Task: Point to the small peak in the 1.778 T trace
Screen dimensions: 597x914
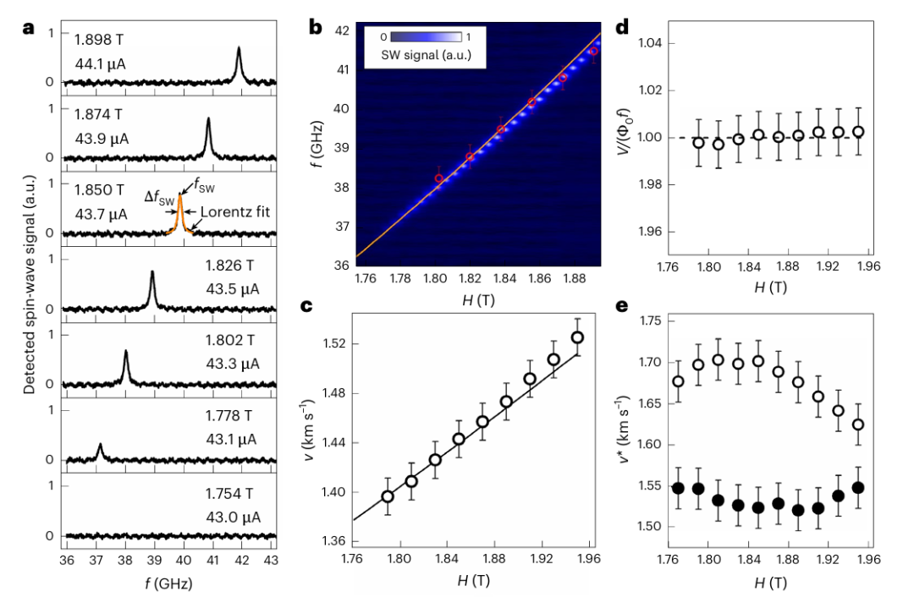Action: (100, 446)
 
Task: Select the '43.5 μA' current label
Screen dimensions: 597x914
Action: (231, 289)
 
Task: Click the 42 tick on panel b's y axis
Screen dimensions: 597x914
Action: (340, 30)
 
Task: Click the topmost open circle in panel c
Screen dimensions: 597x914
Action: (578, 337)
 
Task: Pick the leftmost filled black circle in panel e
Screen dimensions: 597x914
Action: (653, 489)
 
